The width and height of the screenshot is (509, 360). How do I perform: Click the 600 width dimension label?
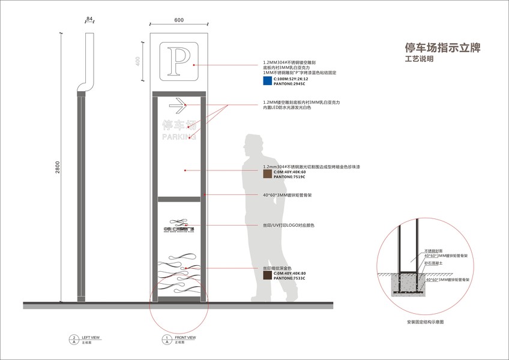pos(179,20)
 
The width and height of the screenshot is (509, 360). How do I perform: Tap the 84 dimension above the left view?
pos(90,20)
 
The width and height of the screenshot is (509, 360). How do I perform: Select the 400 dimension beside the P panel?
pos(137,62)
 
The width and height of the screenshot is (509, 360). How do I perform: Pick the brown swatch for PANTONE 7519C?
pos(267,175)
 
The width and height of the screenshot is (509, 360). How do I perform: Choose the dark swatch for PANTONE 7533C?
pos(267,276)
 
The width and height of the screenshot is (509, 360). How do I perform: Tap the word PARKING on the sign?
pos(179,137)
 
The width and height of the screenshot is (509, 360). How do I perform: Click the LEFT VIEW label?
pos(91,337)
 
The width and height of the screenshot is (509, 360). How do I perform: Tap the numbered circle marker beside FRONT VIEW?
pos(166,340)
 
